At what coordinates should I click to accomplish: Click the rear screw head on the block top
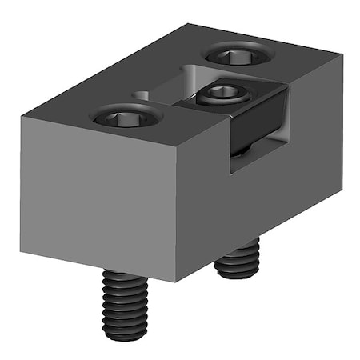[238, 55]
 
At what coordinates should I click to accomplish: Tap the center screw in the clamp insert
[223, 94]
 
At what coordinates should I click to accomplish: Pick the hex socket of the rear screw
[238, 55]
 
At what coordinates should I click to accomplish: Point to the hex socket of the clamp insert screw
[223, 93]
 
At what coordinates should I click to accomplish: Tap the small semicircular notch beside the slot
[141, 95]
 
